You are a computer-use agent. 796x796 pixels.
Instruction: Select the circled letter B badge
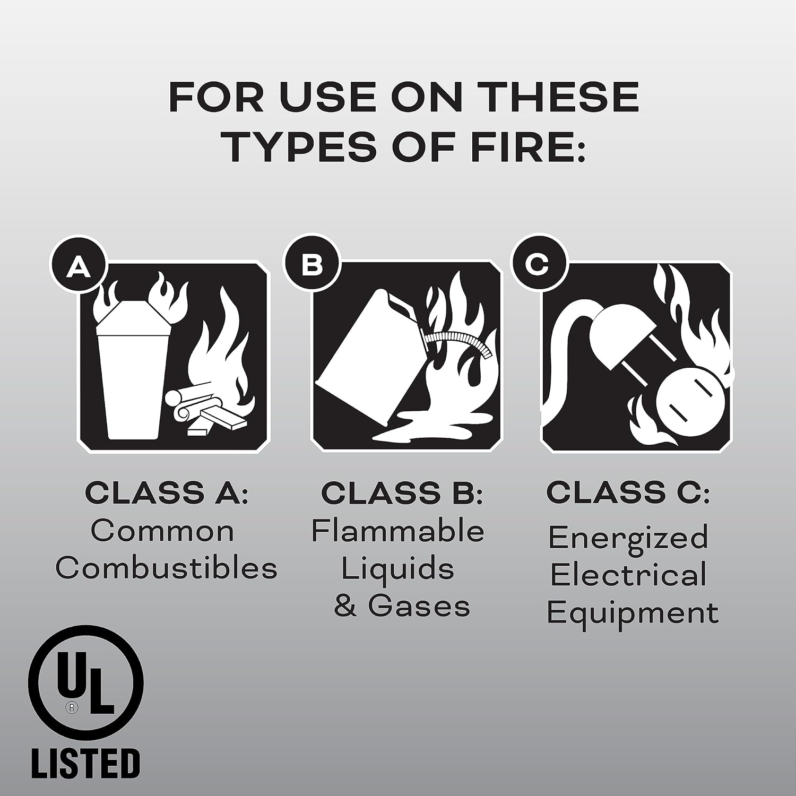312,264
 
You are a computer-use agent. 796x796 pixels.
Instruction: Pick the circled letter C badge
539,264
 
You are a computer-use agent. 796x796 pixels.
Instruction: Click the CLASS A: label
166,493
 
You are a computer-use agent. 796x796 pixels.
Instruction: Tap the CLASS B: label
402,493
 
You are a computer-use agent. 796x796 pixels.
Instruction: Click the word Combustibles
166,568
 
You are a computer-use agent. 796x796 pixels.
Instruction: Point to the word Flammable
397,531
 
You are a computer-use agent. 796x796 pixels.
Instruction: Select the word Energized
628,538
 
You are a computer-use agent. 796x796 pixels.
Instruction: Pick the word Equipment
633,614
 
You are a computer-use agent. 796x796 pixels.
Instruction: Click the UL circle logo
85,682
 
